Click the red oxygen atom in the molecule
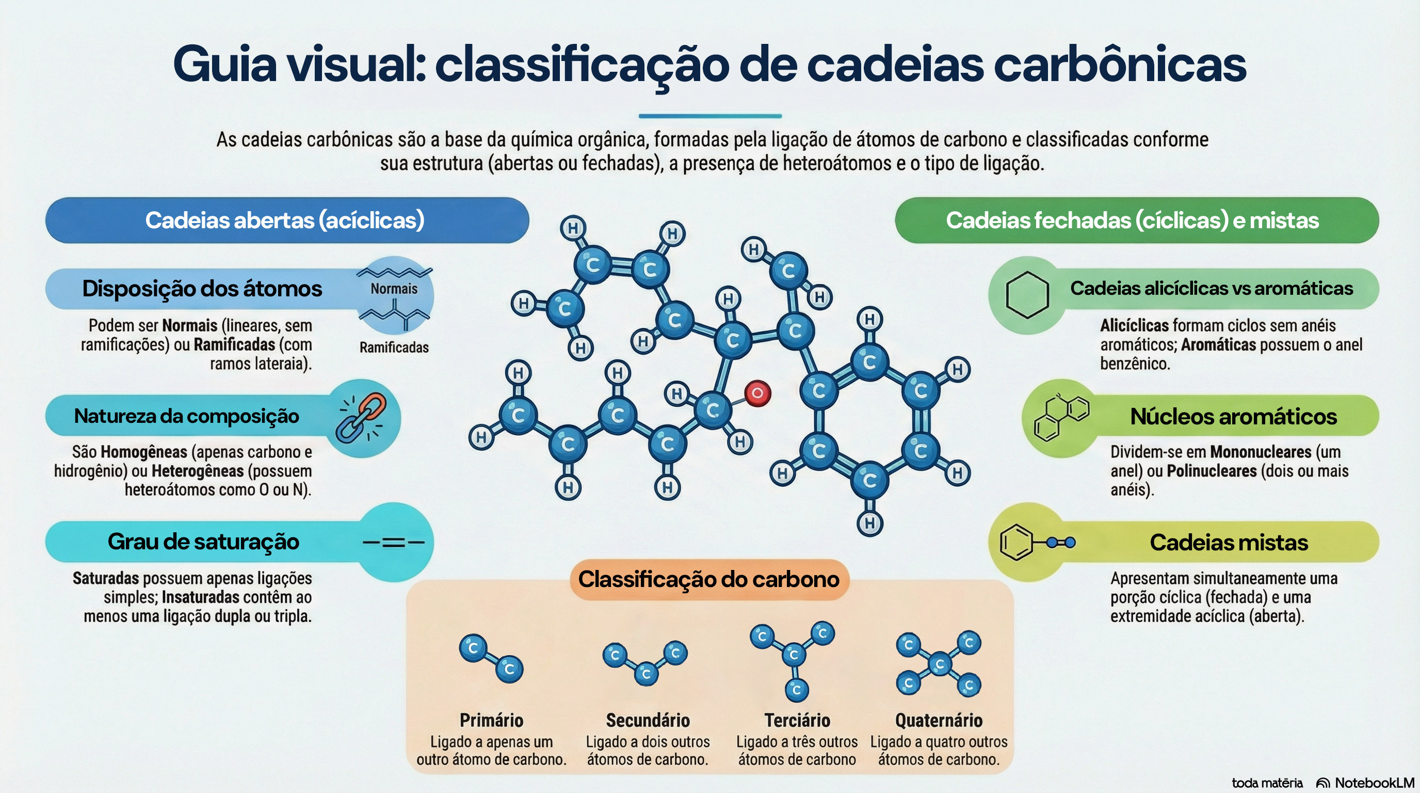pos(757,393)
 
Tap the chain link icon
pos(362,418)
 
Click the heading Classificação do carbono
pos(708,579)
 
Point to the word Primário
pos(491,720)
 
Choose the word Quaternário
pos(939,720)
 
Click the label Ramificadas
pos(394,347)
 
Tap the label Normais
pos(394,289)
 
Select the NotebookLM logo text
pos(1374,783)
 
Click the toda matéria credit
pos(1267,783)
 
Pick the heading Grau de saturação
pos(203,542)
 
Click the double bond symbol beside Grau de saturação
pos(393,543)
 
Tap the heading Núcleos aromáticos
pos(1233,416)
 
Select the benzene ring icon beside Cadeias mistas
pos(1015,543)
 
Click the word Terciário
pos(797,720)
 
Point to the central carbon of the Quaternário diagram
pos(939,664)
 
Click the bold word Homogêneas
pos(143,452)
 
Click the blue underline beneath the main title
pos(710,116)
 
